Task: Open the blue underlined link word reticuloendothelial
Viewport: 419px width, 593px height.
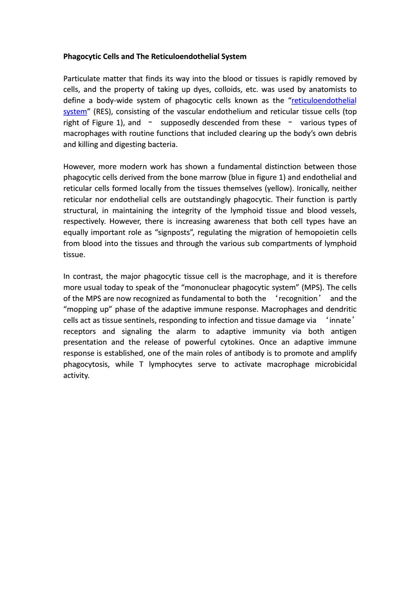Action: pos(324,101)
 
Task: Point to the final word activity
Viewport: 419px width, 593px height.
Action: pos(76,376)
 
